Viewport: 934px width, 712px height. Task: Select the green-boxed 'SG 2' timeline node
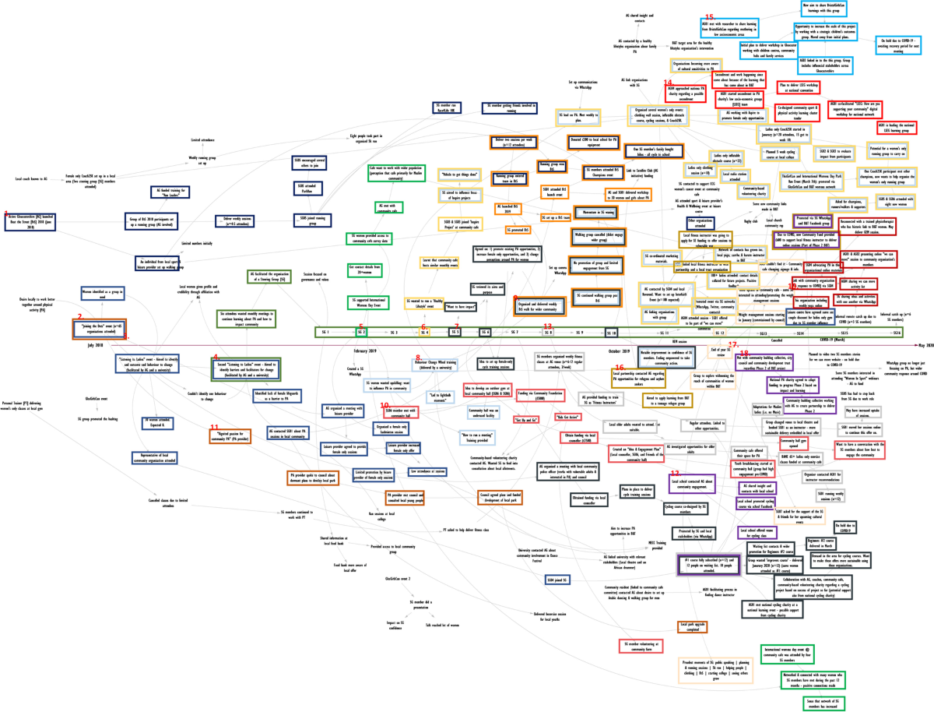(361, 333)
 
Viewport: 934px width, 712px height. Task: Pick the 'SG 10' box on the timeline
(610, 333)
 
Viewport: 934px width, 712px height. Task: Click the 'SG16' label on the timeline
(897, 333)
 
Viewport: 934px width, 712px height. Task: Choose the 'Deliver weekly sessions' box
(239, 220)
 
